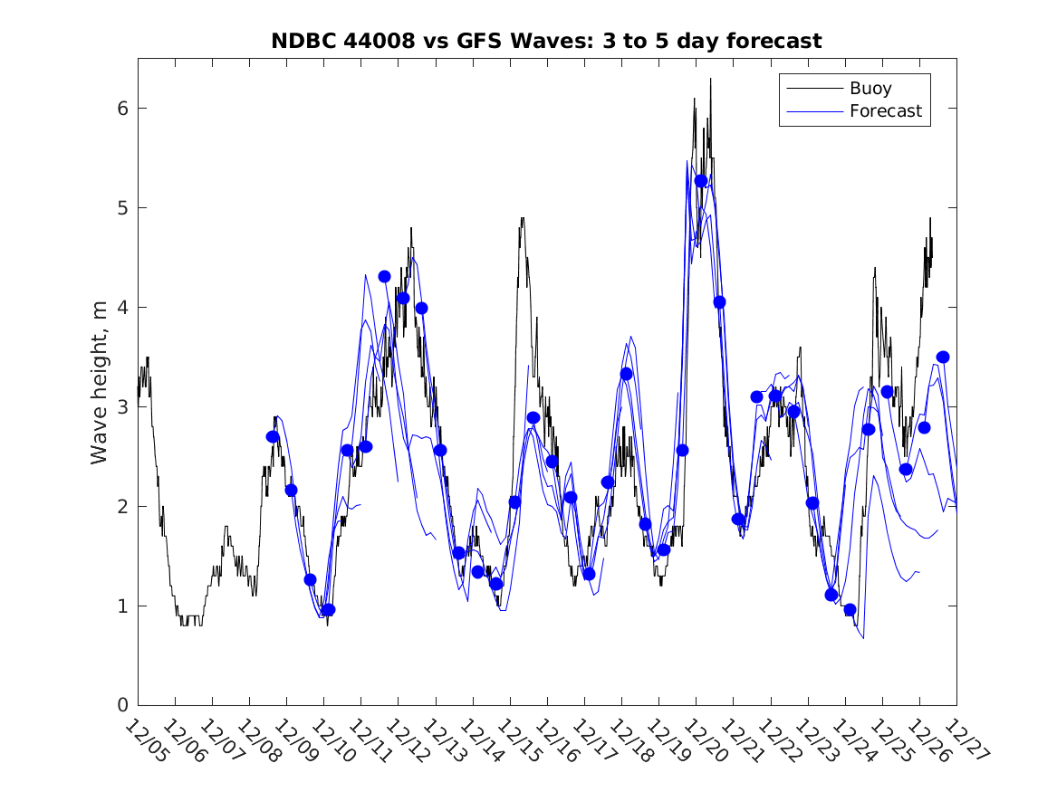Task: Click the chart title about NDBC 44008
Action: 546,42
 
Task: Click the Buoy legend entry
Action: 870,89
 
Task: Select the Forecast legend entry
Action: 885,111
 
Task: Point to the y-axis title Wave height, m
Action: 100,384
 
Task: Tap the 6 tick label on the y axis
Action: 120,109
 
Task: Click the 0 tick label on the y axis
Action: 120,705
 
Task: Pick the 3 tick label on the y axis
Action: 120,407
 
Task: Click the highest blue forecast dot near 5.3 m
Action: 701,181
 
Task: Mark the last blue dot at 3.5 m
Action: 943,357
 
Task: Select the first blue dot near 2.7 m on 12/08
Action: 273,436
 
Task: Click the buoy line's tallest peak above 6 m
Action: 710,80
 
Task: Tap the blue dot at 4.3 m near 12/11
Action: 384,276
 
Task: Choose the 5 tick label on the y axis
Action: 120,208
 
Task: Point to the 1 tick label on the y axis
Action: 120,606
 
